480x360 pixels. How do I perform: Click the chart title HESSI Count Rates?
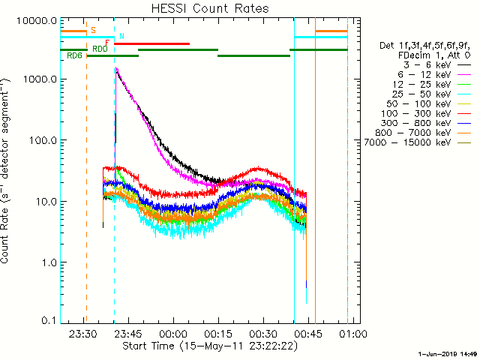(205, 9)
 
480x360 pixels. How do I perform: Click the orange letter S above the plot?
(93, 30)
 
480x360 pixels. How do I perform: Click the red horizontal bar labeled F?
(151, 43)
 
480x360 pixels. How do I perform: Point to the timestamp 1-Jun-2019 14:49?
(447, 353)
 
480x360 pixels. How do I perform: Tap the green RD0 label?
(100, 49)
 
